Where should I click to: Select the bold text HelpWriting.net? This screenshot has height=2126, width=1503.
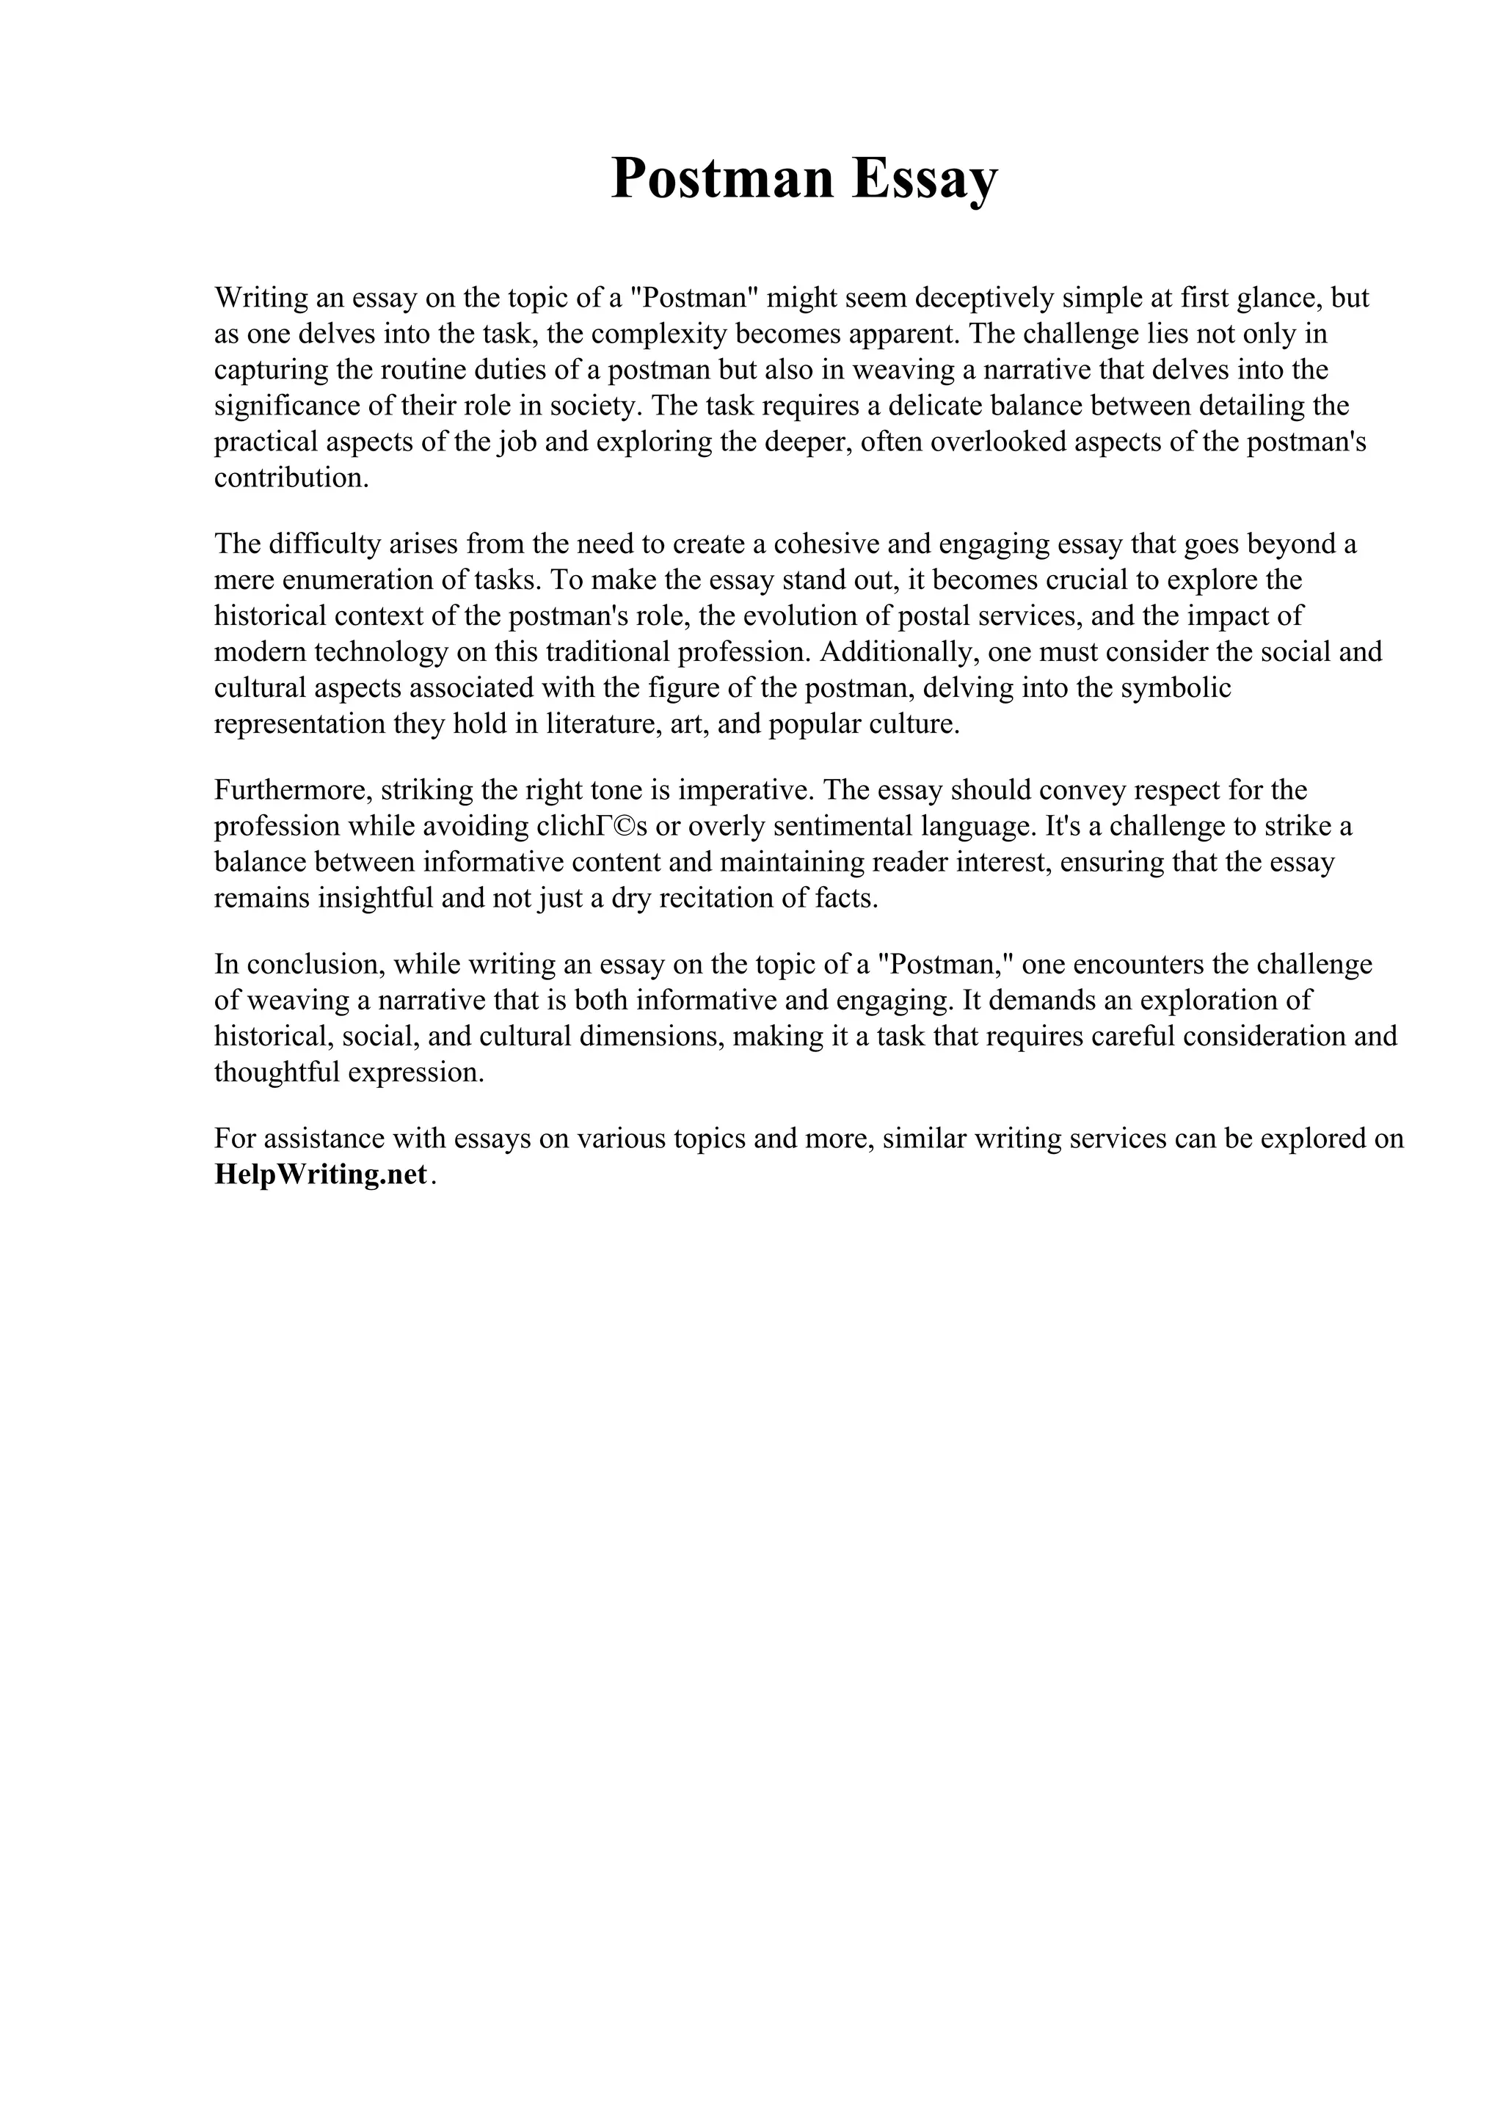(321, 1174)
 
